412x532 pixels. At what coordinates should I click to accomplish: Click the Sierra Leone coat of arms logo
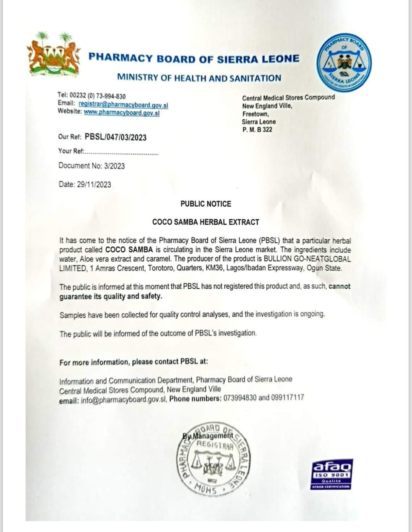click(x=54, y=53)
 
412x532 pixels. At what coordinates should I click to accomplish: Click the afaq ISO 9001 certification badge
click(x=332, y=474)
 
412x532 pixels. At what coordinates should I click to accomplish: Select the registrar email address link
click(x=123, y=104)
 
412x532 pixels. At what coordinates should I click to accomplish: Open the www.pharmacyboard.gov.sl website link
click(x=122, y=113)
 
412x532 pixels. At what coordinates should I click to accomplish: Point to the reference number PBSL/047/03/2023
click(x=116, y=137)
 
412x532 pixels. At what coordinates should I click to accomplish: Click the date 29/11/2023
click(x=94, y=185)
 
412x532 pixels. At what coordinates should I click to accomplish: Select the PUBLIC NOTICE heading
click(x=206, y=204)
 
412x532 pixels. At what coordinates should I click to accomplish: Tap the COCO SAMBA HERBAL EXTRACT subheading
click(x=206, y=222)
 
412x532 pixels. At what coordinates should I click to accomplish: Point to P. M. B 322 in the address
click(x=257, y=130)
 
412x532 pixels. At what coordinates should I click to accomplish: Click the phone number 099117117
click(x=288, y=397)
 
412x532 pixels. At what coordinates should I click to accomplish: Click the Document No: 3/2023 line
click(x=92, y=166)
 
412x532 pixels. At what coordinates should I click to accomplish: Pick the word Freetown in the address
click(x=255, y=114)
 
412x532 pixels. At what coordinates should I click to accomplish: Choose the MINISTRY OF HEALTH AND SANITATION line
click(x=199, y=78)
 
